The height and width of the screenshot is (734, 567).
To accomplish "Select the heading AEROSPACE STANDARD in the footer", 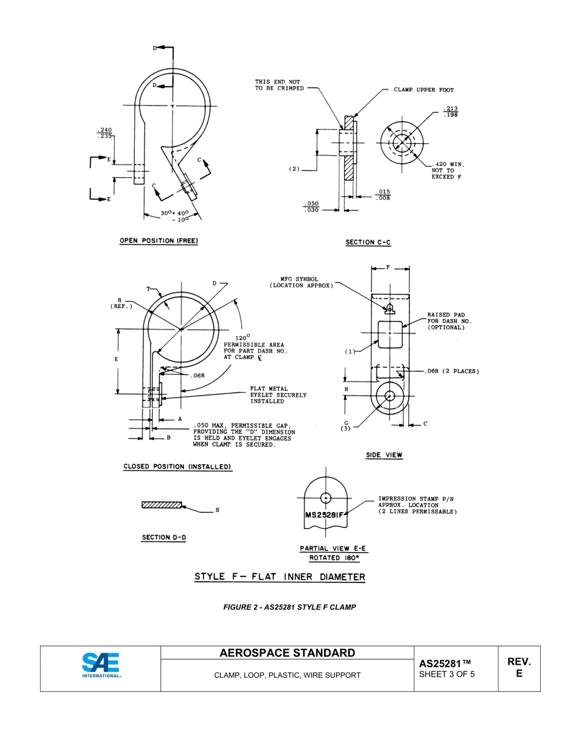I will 287,653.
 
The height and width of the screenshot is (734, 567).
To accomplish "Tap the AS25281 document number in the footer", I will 445,664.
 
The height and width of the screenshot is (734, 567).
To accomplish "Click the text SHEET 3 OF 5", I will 447,675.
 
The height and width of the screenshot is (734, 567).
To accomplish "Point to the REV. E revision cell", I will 519,668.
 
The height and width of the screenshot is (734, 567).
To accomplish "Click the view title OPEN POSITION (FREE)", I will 159,241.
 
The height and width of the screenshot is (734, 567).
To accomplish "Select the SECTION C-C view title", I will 368,242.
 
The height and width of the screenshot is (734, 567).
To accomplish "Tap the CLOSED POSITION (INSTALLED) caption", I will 177,467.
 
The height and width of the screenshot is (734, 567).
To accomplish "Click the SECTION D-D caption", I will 164,538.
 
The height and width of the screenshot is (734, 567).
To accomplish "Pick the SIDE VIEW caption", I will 384,455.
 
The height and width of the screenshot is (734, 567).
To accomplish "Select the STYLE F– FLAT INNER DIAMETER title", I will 279,577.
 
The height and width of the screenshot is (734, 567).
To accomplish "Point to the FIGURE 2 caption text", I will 289,607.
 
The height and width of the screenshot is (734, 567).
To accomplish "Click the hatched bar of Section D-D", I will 162,505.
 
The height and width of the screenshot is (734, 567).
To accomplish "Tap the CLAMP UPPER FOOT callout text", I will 423,90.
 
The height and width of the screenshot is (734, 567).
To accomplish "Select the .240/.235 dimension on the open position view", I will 104,133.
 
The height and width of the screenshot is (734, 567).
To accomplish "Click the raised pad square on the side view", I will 391,334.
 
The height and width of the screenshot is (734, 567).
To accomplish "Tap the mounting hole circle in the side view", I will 390,396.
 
